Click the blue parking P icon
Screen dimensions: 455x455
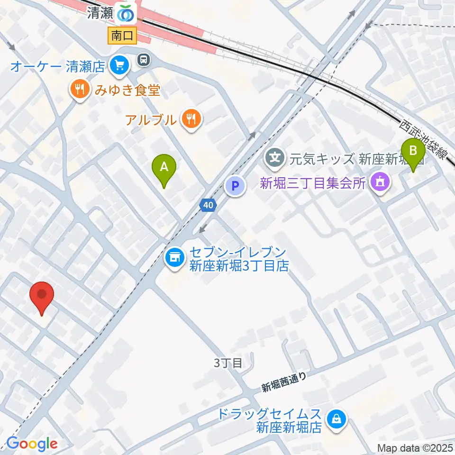tap(235, 185)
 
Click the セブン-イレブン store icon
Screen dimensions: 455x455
tap(174, 258)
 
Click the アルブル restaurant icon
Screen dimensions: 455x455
tap(191, 119)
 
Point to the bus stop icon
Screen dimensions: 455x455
tap(144, 60)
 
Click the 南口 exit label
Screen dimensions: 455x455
tap(122, 36)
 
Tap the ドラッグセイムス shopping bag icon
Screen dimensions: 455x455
tap(336, 419)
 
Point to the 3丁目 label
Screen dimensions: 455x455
tap(228, 364)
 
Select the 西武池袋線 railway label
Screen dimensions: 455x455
tap(424, 141)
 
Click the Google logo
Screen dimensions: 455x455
tap(32, 444)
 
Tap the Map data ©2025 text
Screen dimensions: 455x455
tap(415, 447)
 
